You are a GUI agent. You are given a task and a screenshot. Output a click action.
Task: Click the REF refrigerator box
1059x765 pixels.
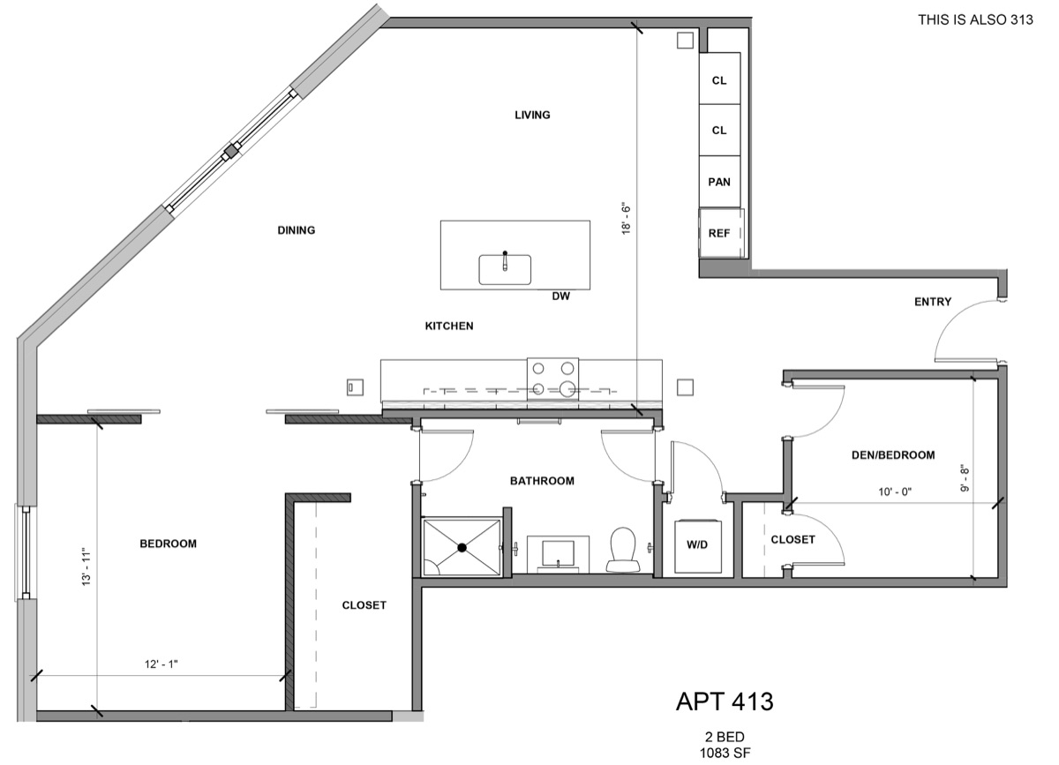721,233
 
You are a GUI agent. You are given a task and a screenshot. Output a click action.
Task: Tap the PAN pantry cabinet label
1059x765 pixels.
719,182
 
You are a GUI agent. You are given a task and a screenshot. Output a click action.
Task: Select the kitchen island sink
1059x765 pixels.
505,269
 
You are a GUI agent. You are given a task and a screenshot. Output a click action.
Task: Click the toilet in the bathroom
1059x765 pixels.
623,548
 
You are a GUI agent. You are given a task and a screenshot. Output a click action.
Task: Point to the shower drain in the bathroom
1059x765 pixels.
462,548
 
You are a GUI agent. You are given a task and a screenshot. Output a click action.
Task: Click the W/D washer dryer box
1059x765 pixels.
697,545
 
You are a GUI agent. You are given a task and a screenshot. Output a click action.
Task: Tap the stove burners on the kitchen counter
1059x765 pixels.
553,379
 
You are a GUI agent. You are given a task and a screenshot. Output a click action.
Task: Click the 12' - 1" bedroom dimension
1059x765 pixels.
161,664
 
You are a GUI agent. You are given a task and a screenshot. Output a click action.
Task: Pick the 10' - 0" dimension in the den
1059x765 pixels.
891,491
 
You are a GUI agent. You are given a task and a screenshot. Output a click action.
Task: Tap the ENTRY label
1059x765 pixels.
933,302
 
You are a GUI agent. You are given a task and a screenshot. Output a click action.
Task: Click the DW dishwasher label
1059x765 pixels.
561,296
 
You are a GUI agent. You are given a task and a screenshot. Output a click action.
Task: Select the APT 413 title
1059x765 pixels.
725,701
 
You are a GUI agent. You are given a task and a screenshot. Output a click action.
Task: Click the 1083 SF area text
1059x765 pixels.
725,752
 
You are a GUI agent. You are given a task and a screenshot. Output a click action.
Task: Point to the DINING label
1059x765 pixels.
297,230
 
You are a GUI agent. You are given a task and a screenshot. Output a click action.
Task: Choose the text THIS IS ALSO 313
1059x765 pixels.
975,19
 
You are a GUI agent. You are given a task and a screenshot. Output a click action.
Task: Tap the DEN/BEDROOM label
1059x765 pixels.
892,455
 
